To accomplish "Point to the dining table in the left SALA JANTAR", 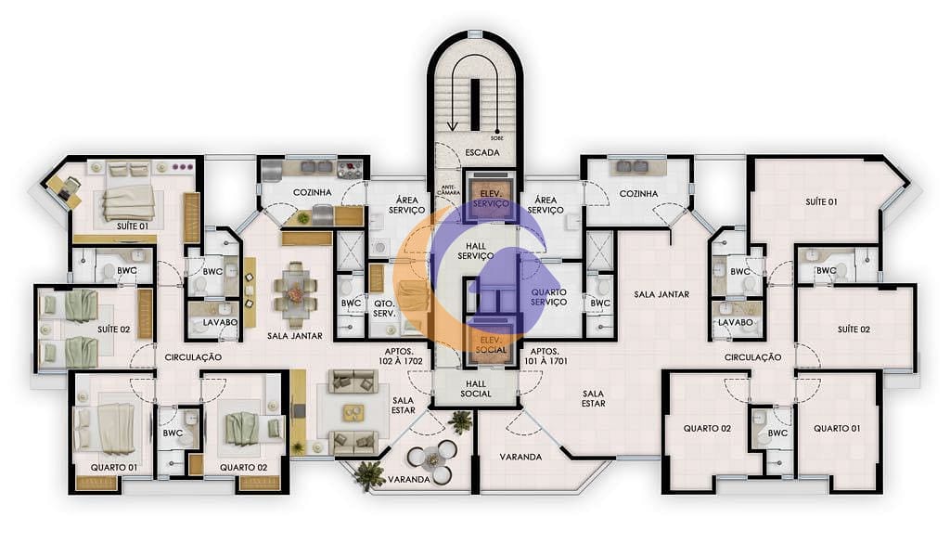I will coord(295,293).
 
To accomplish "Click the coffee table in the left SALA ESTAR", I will coord(354,411).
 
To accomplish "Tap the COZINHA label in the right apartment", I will coord(638,194).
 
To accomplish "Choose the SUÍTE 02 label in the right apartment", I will coord(853,330).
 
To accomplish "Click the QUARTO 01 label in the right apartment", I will coord(837,428).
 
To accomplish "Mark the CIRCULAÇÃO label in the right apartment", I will coord(753,357).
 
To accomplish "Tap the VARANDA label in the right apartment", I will coord(520,457).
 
